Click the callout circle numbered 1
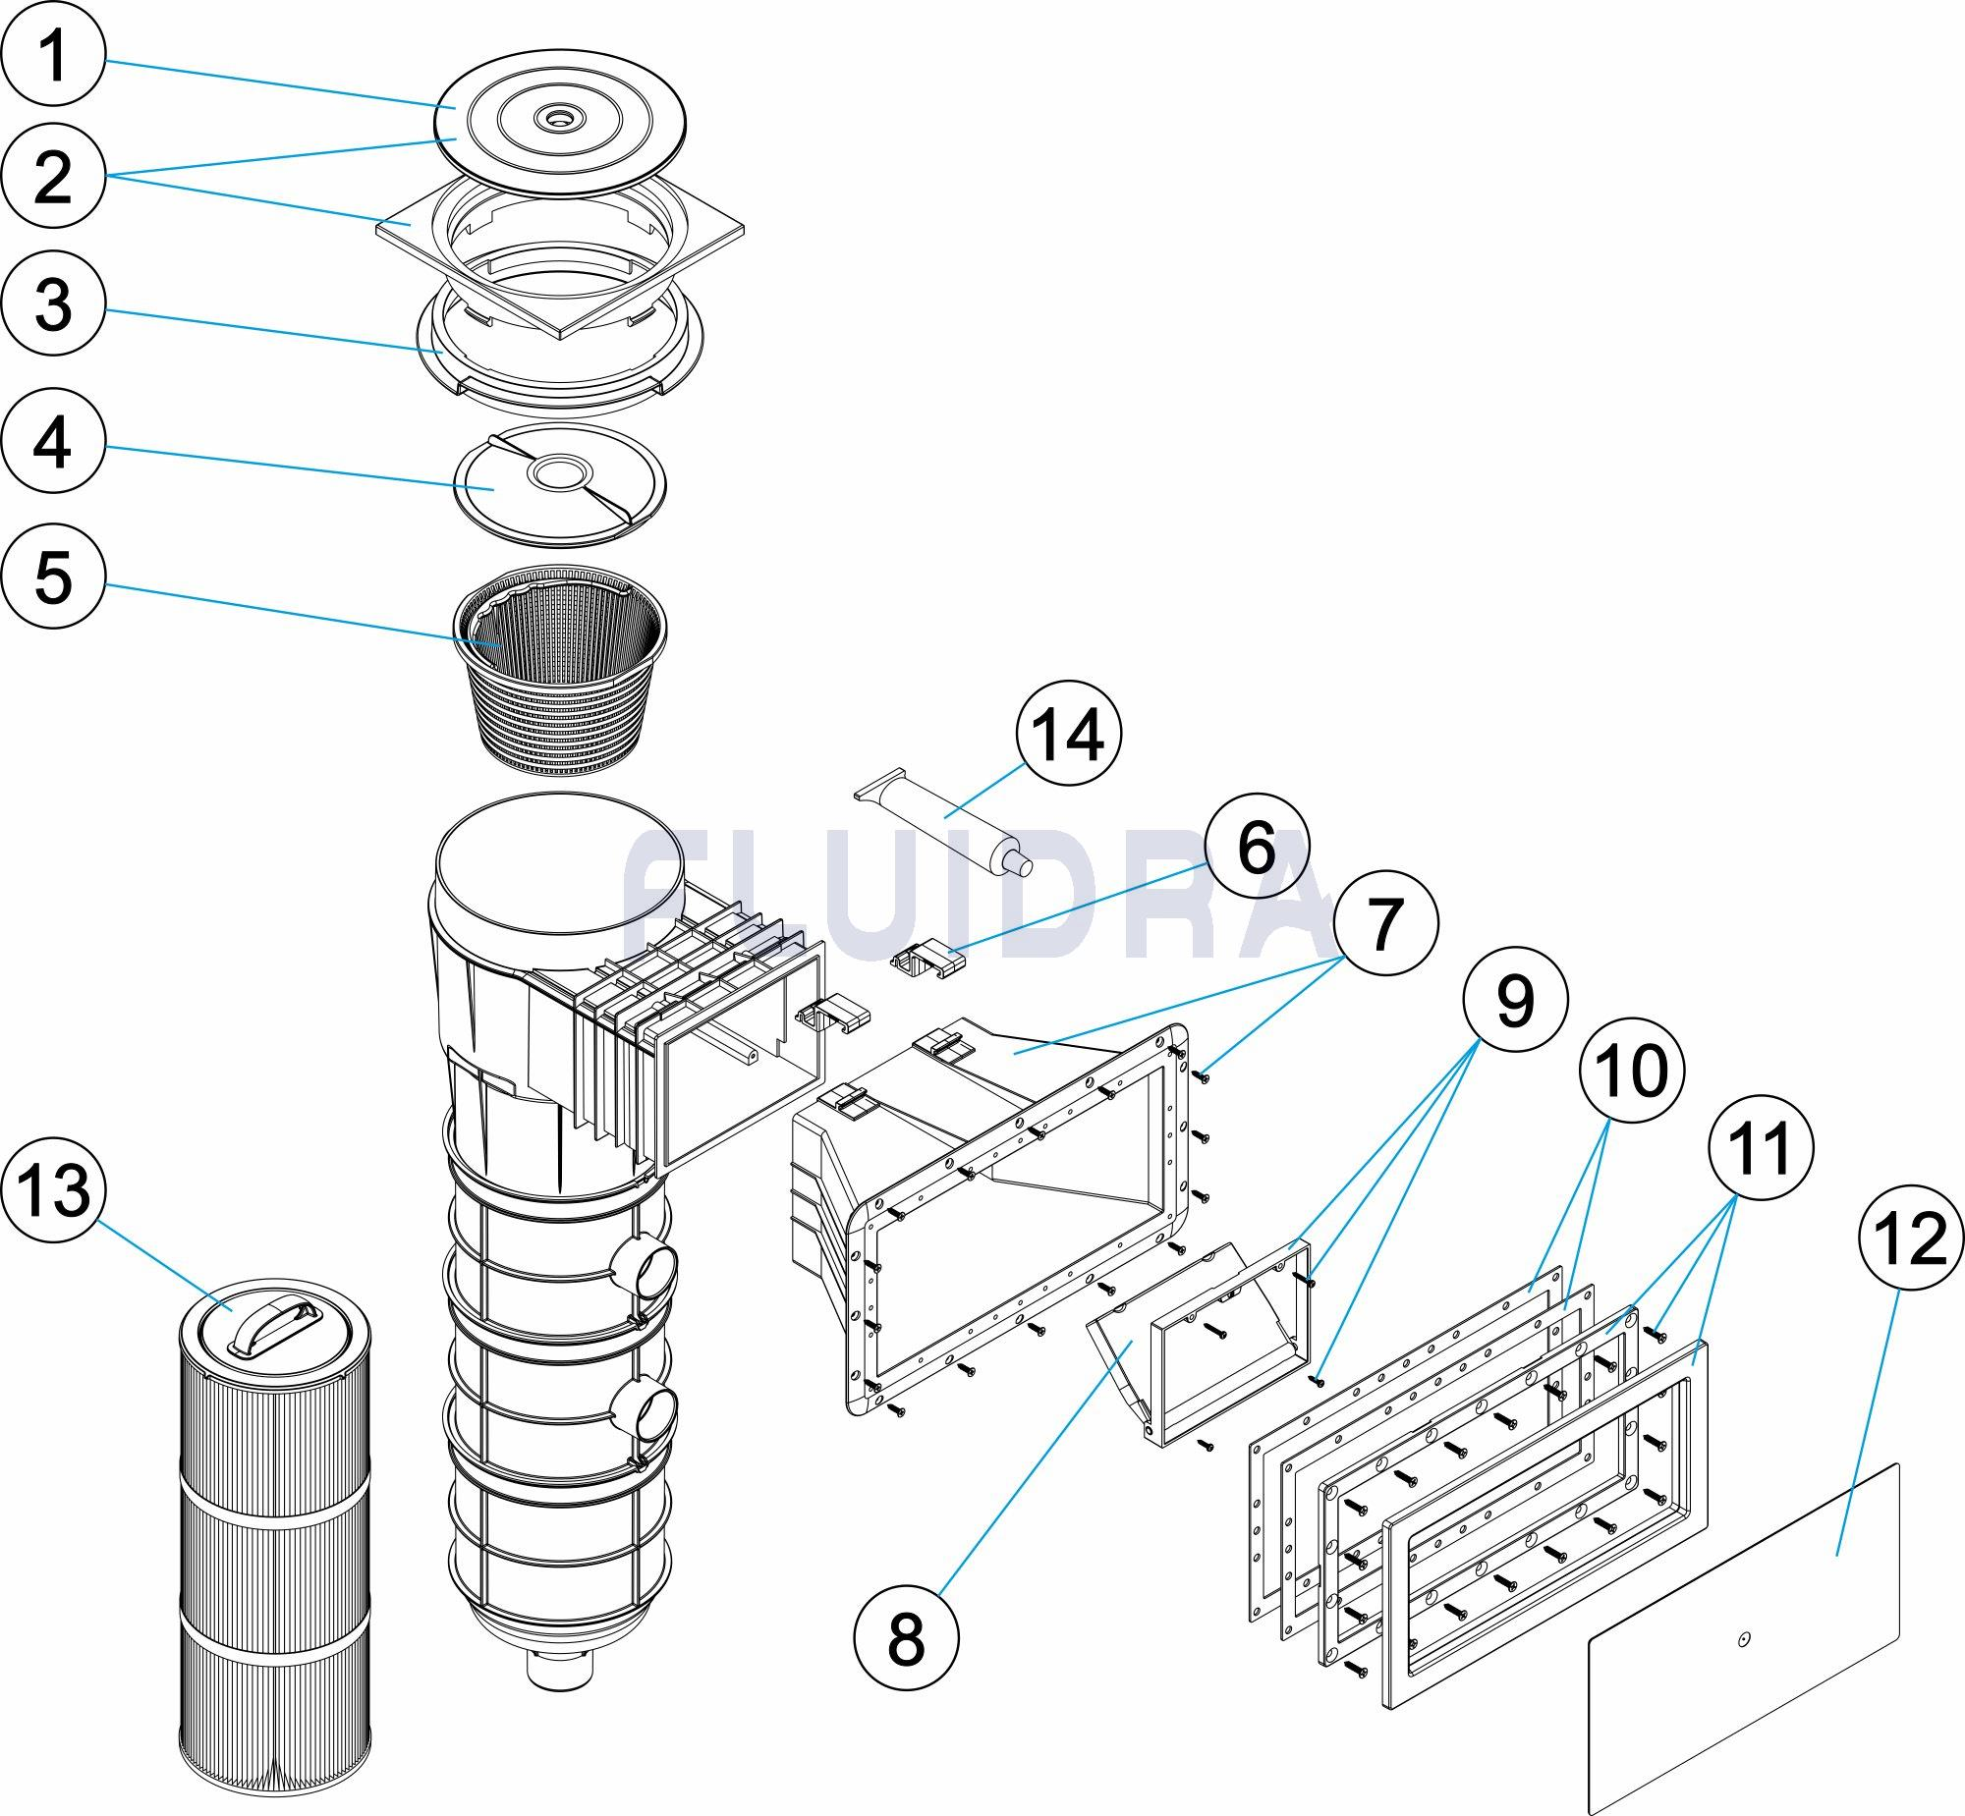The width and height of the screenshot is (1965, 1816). [x=53, y=55]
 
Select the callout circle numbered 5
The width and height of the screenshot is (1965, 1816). [x=53, y=576]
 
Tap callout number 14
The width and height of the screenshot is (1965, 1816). [x=1070, y=734]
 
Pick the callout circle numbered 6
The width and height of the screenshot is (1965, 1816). [x=1258, y=845]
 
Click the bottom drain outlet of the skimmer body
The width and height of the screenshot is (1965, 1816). [x=559, y=1670]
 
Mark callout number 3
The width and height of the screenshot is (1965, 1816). [x=53, y=303]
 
